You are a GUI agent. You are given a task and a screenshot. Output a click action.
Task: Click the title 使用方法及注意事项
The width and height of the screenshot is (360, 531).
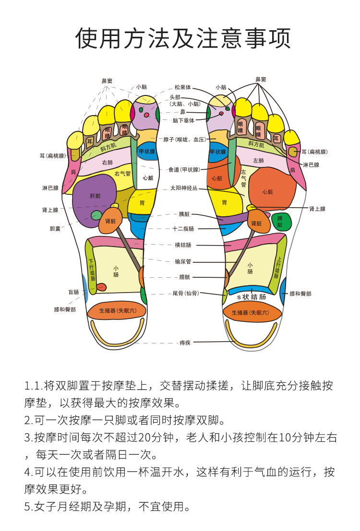click(183, 38)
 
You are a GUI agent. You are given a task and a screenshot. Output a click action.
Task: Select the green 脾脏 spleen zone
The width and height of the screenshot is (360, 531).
click(281, 222)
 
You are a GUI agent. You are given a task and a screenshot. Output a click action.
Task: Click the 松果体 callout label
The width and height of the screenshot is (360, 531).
click(183, 87)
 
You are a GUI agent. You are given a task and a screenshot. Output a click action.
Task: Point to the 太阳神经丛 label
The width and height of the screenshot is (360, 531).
click(184, 188)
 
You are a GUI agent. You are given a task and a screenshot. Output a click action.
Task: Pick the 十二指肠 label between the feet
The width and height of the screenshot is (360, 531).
click(183, 229)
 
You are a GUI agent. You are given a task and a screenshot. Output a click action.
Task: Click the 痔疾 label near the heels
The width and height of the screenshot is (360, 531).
click(185, 342)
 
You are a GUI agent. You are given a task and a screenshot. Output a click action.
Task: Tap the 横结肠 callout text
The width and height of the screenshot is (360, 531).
click(183, 245)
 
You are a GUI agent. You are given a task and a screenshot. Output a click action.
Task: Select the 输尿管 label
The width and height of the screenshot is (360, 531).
click(183, 261)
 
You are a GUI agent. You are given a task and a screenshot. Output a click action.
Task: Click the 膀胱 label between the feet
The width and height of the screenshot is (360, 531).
click(185, 277)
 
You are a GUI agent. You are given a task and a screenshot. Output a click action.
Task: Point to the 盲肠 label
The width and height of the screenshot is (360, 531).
click(73, 292)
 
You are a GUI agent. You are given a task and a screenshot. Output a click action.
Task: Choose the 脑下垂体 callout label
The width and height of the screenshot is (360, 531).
click(183, 120)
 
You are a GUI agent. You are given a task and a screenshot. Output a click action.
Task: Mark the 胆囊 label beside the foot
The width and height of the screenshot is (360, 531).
click(55, 229)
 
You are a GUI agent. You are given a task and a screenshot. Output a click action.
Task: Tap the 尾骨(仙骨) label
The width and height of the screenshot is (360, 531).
click(185, 293)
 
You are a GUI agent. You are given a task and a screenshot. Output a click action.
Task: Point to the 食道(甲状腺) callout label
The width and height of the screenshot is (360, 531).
click(184, 169)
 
